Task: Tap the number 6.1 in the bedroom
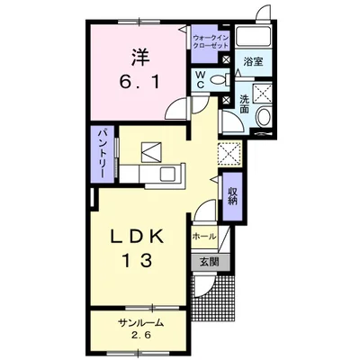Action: [140, 82]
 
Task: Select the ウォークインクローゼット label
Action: [211, 42]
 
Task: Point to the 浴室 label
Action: [253, 62]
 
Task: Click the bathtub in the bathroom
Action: [254, 37]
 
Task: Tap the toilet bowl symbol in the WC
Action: [219, 80]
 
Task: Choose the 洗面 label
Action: [245, 104]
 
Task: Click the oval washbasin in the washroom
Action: [264, 117]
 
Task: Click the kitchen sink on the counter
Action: [169, 173]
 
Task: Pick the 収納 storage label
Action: [232, 195]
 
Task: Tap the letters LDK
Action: [138, 237]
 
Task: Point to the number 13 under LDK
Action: [137, 260]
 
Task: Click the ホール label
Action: [204, 237]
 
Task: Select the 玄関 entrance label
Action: [210, 262]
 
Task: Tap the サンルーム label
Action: [140, 323]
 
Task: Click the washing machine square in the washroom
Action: [263, 94]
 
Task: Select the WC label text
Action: [201, 80]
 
